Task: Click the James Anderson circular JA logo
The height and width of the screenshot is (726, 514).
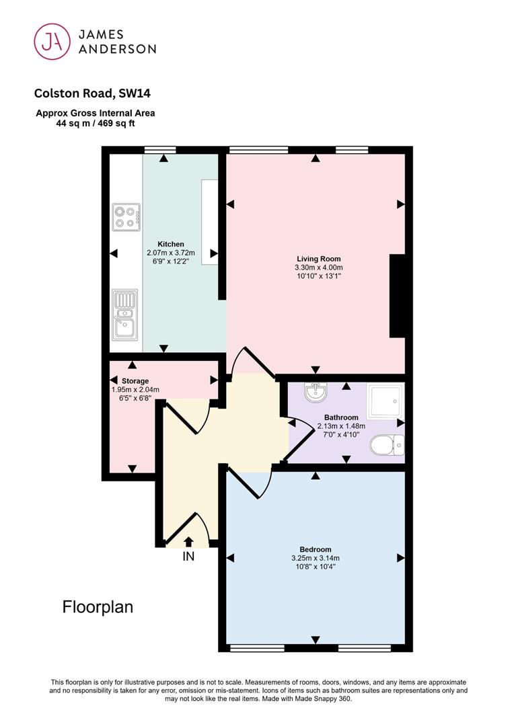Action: [x=52, y=42]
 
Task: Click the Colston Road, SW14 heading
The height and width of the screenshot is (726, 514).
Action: [x=92, y=93]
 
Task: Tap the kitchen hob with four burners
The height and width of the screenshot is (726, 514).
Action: [x=126, y=217]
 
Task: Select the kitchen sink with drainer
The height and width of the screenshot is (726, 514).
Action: [x=125, y=315]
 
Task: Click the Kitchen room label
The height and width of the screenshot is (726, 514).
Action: [x=171, y=244]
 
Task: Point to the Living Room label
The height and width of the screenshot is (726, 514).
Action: [x=319, y=259]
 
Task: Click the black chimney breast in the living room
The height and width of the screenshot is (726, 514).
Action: [x=398, y=295]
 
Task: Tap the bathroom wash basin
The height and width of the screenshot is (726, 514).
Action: [x=317, y=392]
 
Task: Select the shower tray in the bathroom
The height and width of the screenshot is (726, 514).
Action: [x=385, y=401]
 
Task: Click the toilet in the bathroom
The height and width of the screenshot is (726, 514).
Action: [x=387, y=445]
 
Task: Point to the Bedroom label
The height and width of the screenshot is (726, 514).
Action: [x=315, y=550]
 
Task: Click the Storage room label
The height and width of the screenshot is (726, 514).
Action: [x=135, y=381]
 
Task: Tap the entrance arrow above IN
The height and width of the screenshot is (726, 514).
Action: [x=188, y=542]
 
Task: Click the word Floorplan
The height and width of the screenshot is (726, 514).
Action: [x=98, y=607]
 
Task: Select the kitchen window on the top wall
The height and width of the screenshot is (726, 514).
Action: [x=160, y=149]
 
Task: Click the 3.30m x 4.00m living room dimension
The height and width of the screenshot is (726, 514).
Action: [x=319, y=268]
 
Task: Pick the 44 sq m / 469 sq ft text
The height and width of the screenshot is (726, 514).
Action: [x=96, y=124]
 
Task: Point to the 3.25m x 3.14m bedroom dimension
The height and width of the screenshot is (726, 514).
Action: [x=315, y=558]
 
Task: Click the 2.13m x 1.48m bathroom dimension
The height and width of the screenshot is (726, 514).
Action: [x=341, y=426]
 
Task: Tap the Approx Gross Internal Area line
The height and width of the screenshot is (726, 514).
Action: [x=96, y=113]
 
